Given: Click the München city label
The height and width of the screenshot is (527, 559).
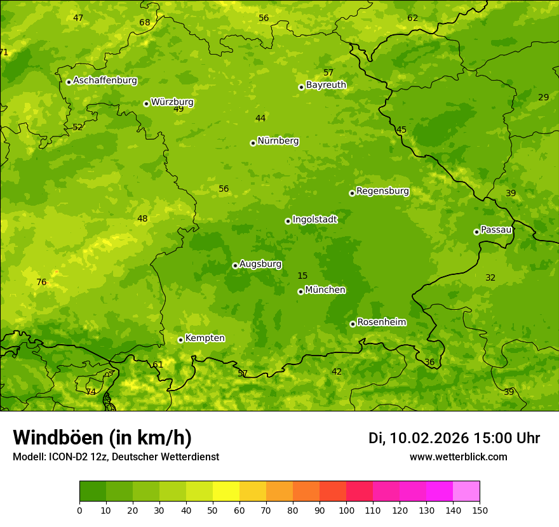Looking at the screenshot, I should [x=325, y=290].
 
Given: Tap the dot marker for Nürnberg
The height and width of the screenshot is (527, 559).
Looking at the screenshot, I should [x=253, y=143].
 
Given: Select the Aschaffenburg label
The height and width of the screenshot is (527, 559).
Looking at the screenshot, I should [x=105, y=81].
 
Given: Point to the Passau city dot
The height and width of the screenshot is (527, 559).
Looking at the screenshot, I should [x=476, y=232].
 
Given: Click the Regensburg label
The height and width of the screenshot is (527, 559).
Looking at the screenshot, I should [x=382, y=191].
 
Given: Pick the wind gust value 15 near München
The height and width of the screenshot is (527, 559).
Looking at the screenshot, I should [x=302, y=276].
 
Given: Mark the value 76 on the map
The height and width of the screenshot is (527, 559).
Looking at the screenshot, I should [x=41, y=283].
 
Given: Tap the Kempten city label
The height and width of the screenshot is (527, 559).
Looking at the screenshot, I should [x=205, y=338].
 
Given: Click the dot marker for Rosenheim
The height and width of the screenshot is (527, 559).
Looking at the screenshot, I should [x=353, y=324].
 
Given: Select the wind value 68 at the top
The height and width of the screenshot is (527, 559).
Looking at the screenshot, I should [x=145, y=23].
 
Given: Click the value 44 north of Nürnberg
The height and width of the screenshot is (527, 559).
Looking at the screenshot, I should [x=260, y=118].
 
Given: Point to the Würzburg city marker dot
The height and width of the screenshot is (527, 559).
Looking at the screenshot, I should [x=146, y=103].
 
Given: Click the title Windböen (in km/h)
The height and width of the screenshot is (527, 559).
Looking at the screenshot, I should [x=102, y=437].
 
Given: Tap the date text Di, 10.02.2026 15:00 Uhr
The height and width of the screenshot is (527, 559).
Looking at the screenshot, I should [x=454, y=438].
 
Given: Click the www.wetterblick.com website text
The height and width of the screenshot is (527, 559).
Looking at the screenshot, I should [x=458, y=457].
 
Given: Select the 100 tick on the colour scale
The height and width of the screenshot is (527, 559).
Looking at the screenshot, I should [x=346, y=510].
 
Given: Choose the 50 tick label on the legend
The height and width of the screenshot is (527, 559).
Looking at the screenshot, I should [x=213, y=510].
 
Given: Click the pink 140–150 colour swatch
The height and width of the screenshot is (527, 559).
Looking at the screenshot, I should [x=466, y=491].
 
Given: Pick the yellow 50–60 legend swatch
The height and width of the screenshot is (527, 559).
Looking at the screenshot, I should [x=226, y=491].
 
